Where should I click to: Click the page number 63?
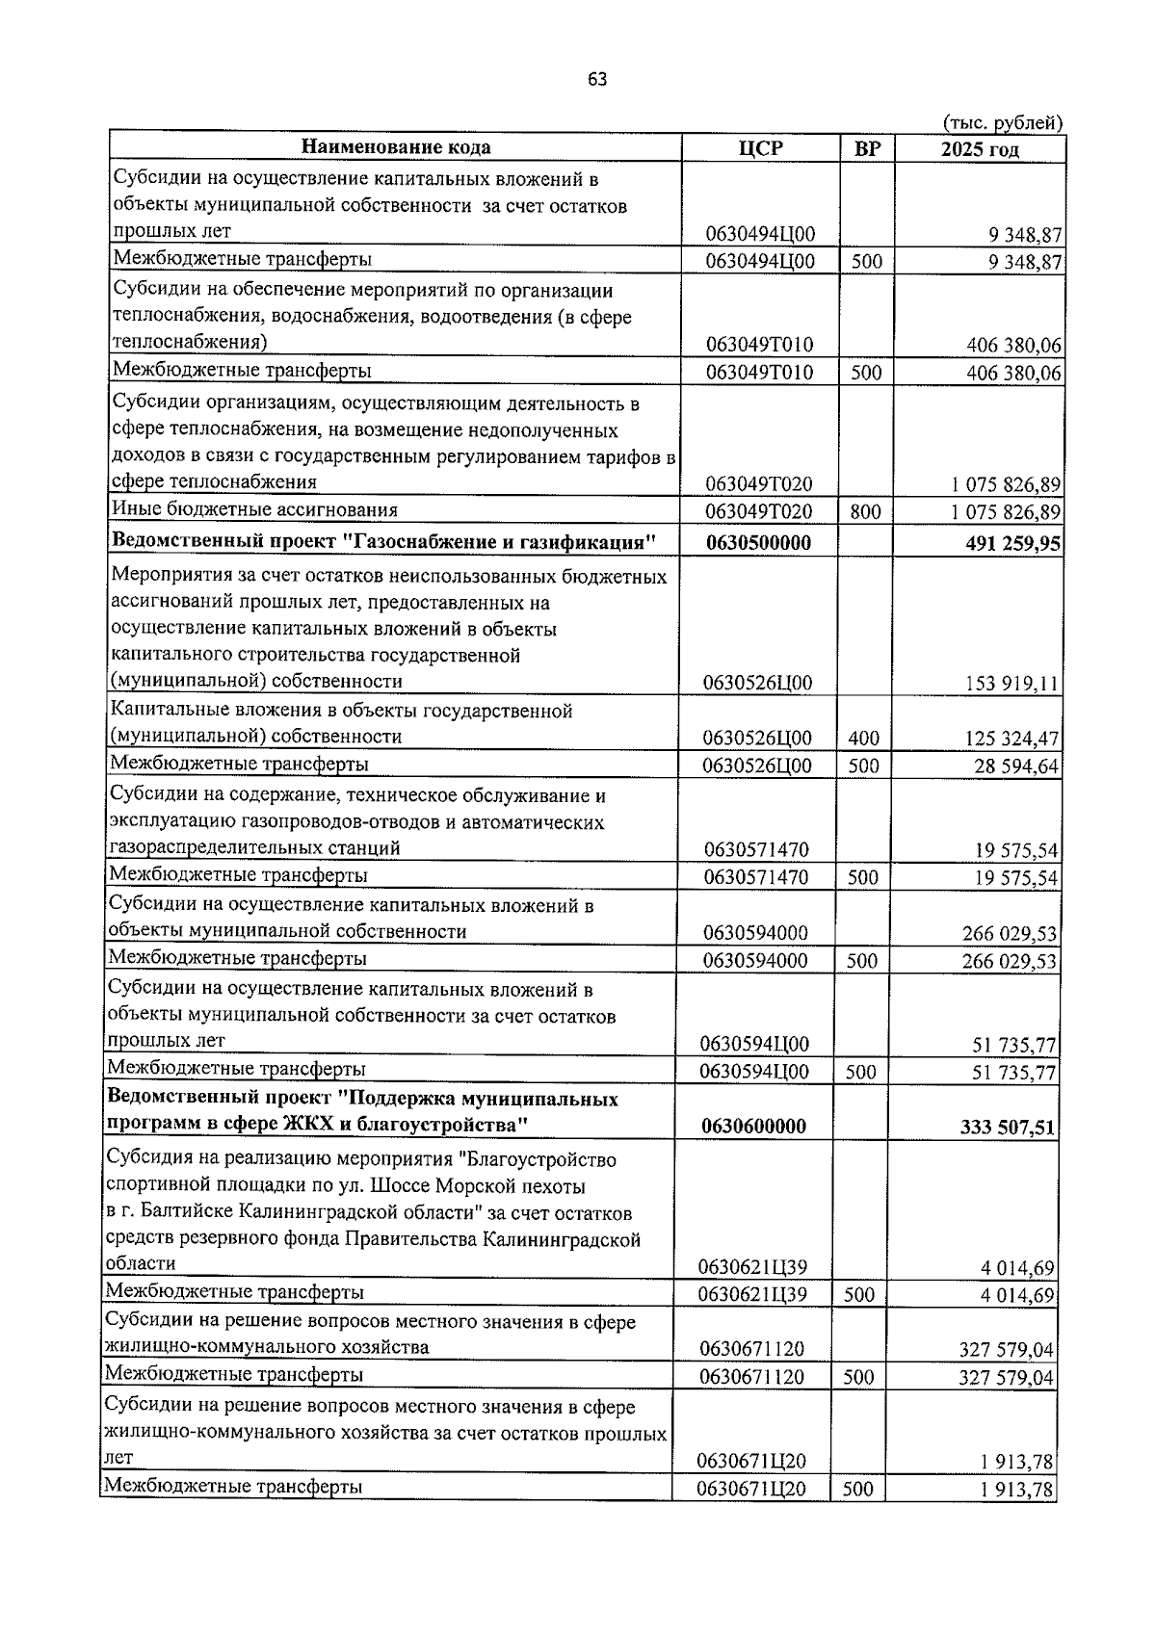pyautogui.click(x=596, y=80)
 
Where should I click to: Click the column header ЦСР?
pyautogui.click(x=760, y=148)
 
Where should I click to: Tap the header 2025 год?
pyautogui.click(x=980, y=149)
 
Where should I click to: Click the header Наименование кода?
pyautogui.click(x=396, y=147)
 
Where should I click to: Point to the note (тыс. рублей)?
pyautogui.click(x=1002, y=122)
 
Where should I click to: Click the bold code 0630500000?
pyautogui.click(x=758, y=543)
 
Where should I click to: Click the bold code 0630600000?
pyautogui.click(x=753, y=1127)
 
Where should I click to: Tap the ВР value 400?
pyautogui.click(x=863, y=739)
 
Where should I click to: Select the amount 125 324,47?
pyautogui.click(x=1011, y=740)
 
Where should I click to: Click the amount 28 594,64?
pyautogui.click(x=1015, y=766)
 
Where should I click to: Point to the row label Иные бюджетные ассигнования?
pyautogui.click(x=255, y=509)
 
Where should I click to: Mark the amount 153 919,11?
pyautogui.click(x=1011, y=685)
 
